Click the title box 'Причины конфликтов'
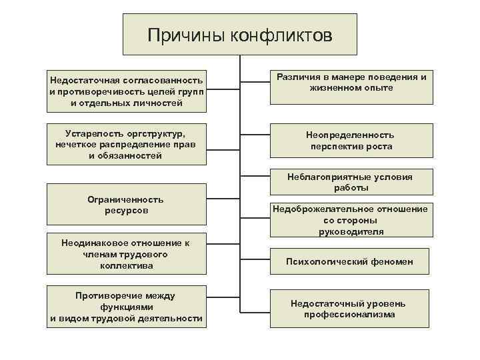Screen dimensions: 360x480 click(239, 34)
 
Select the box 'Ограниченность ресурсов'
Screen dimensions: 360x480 click(125, 205)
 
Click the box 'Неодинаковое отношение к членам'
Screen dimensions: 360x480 click(125, 254)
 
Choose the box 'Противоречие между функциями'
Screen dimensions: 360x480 click(125, 307)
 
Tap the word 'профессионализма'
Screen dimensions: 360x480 click(349, 314)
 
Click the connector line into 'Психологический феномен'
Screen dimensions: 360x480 click(255, 262)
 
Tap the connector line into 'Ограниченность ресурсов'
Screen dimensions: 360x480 click(221, 205)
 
